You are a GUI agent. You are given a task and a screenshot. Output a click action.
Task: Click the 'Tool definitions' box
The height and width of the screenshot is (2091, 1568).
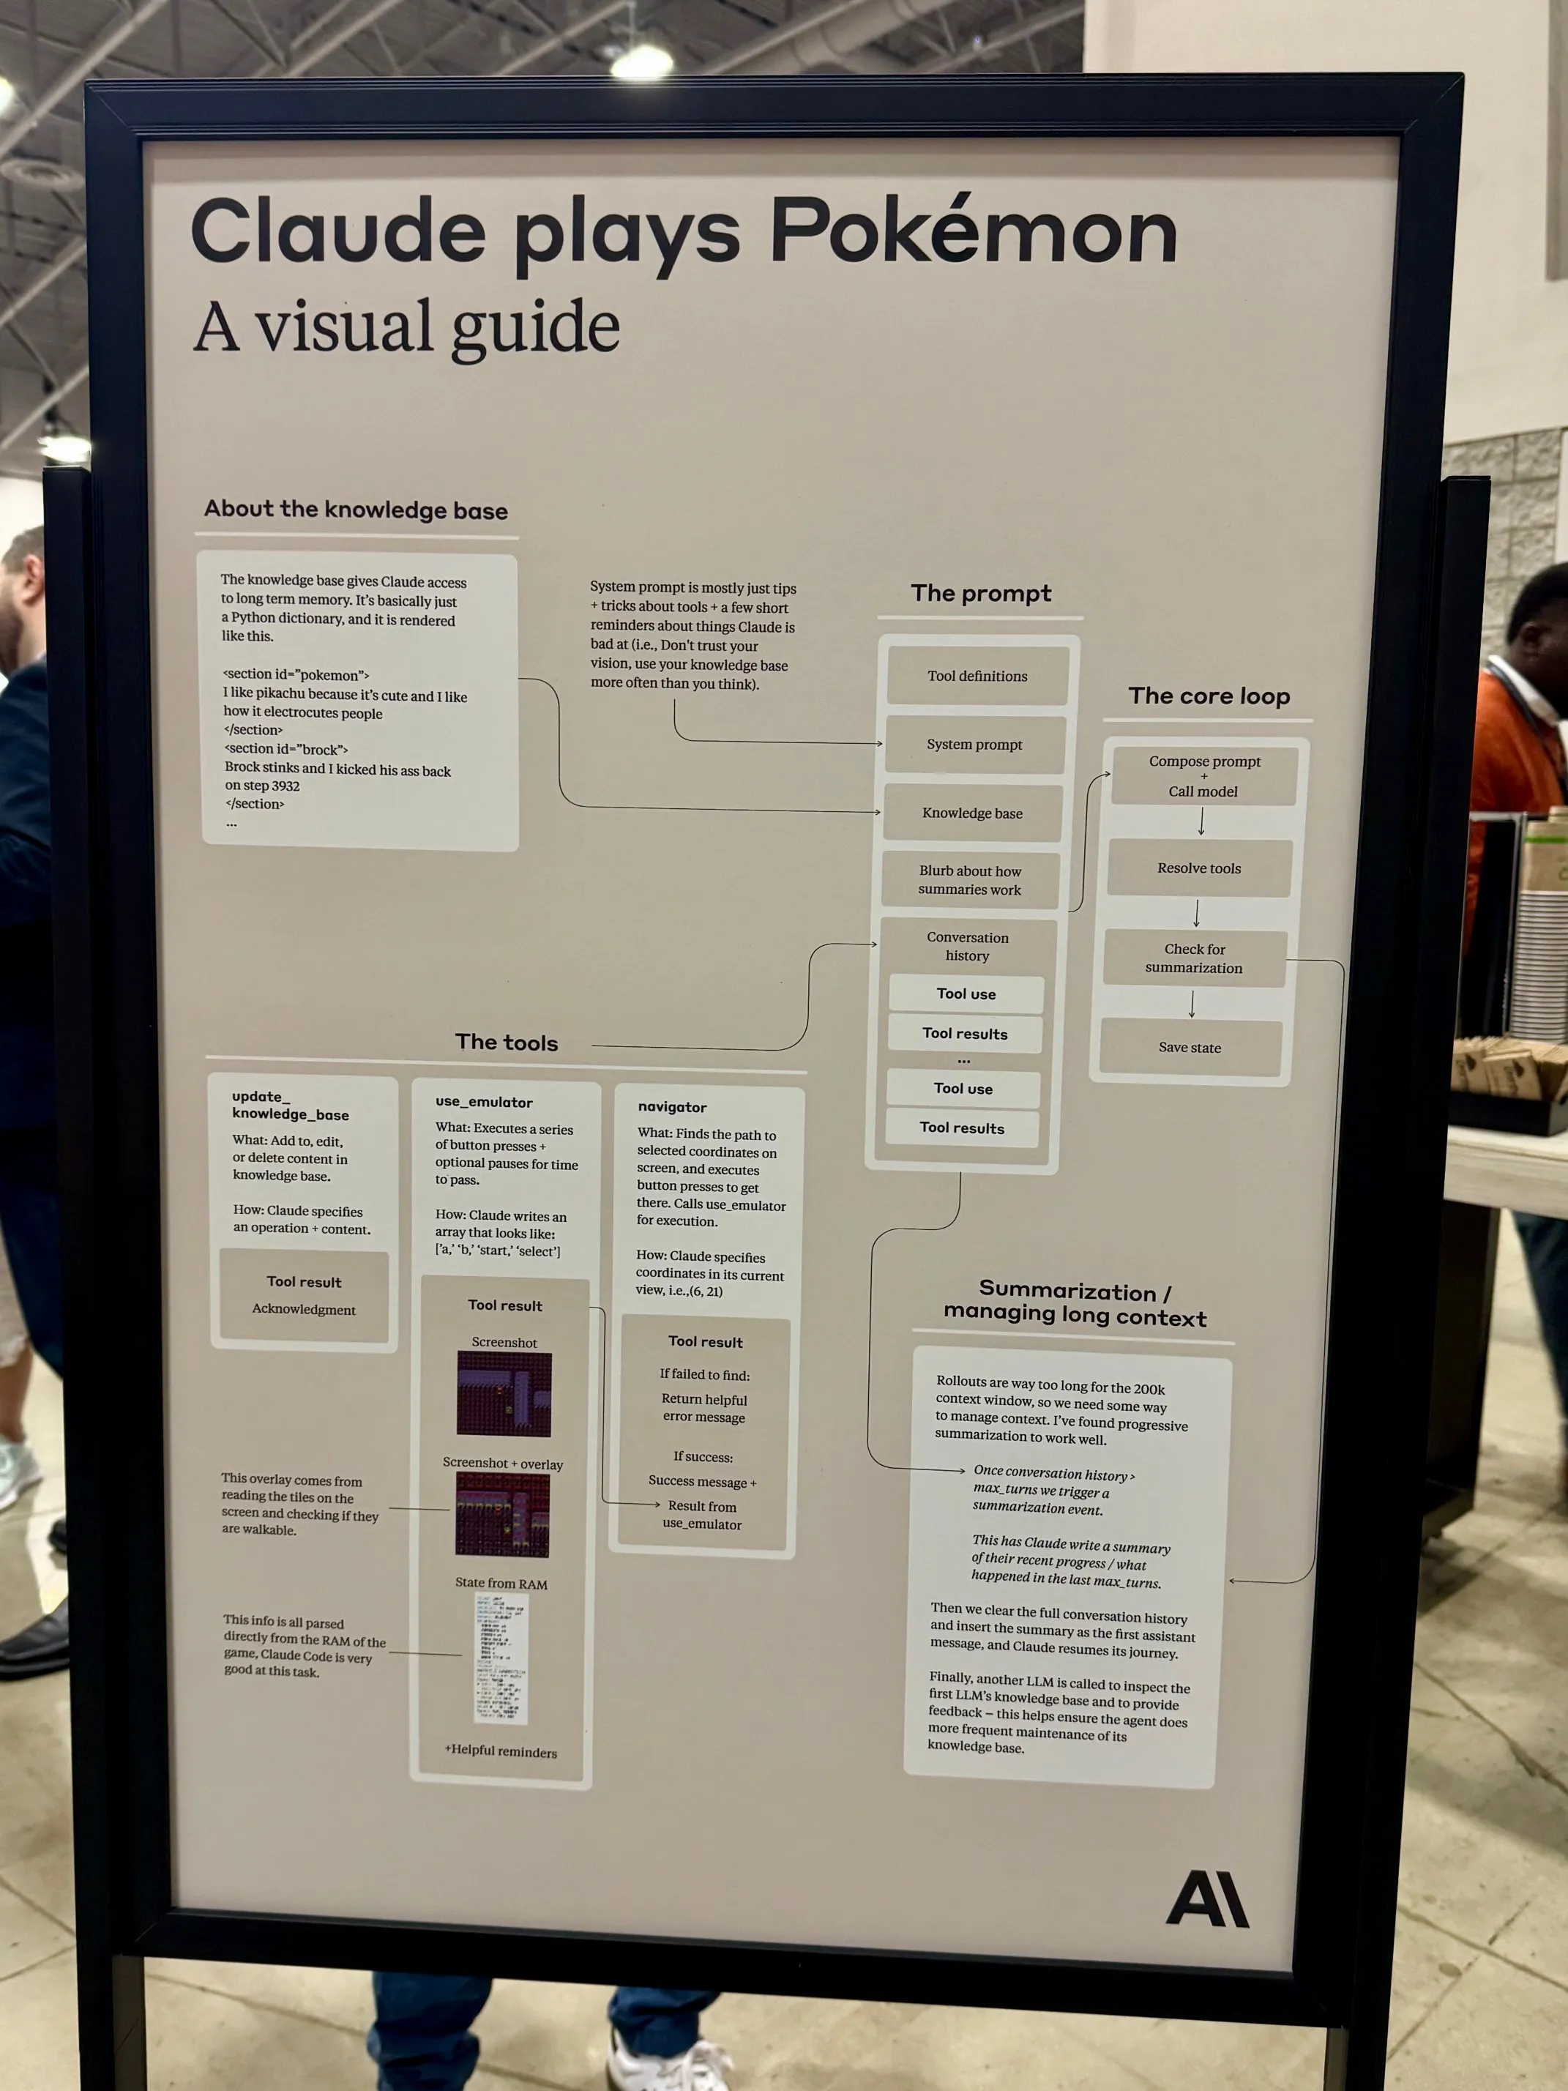tap(977, 676)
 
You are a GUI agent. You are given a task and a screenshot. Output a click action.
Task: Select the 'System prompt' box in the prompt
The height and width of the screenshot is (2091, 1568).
tap(974, 745)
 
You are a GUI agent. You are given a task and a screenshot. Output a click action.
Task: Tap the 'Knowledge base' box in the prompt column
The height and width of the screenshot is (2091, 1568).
tap(971, 813)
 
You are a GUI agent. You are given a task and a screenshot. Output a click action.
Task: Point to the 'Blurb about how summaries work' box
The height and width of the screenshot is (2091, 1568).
tap(970, 880)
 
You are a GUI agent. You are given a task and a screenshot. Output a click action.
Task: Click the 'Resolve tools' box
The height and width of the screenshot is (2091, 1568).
tap(1199, 868)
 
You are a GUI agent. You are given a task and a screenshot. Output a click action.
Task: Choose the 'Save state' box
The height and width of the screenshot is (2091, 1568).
tap(1190, 1048)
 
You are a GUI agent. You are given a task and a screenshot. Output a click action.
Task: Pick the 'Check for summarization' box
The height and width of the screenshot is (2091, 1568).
tap(1195, 958)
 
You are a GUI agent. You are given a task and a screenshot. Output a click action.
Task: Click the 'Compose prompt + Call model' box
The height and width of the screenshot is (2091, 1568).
tap(1204, 776)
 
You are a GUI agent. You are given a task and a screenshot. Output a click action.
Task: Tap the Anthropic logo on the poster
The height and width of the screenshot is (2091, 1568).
tap(1207, 1899)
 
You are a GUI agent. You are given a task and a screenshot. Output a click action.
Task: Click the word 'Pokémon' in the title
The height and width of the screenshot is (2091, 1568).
tap(974, 231)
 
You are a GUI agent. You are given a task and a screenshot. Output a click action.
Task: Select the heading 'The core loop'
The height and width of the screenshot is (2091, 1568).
tap(1209, 697)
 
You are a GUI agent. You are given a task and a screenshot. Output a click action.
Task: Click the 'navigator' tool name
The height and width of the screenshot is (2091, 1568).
tap(672, 1107)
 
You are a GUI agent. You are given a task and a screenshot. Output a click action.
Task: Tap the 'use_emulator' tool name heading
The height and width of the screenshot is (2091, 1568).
tap(484, 1102)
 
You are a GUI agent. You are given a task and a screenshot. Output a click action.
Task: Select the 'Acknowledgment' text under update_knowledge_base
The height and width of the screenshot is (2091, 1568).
tap(303, 1309)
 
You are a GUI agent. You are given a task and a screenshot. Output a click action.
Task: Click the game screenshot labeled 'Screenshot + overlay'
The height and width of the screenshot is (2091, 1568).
tap(503, 1516)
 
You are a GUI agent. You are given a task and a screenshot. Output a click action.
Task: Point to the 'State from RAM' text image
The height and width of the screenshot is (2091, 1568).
tap(501, 1659)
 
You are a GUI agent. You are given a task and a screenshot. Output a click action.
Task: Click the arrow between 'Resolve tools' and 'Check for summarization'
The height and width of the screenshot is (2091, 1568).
tap(1197, 913)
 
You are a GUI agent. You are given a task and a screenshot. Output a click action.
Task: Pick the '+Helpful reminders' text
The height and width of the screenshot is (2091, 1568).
tap(501, 1751)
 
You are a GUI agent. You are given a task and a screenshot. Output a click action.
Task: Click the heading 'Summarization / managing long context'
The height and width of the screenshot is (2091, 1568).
tap(1075, 1305)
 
